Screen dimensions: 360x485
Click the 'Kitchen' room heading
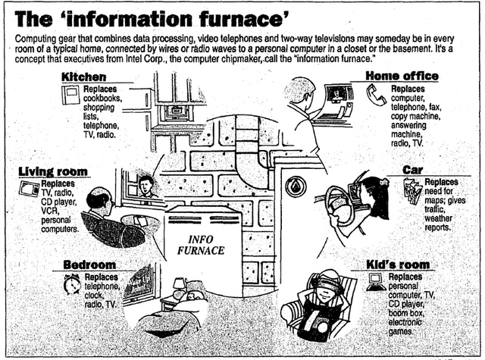click(83, 77)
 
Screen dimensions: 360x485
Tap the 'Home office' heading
click(402, 76)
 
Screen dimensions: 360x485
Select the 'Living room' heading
click(52, 171)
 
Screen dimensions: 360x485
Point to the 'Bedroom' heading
click(89, 265)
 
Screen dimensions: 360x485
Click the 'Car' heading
click(413, 170)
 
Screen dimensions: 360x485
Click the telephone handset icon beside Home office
click(376, 94)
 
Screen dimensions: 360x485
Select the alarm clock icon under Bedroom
click(73, 284)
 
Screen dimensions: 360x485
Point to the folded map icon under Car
click(412, 191)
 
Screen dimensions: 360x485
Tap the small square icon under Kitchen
click(70, 95)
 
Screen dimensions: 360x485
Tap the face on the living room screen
click(145, 185)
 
